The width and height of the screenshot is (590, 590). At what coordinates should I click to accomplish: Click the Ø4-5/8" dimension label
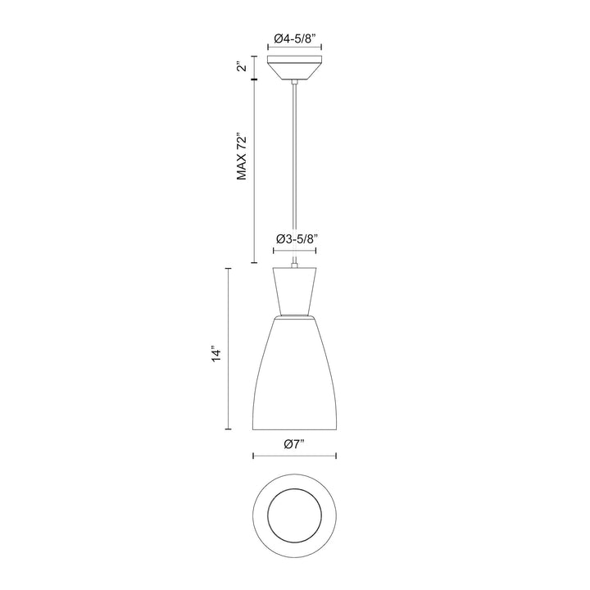[295, 39]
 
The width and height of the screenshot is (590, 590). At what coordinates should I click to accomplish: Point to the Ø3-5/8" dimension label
[295, 239]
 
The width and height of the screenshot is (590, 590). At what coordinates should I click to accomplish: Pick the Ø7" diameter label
[294, 443]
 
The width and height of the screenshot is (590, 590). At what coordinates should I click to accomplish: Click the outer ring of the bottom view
[263, 516]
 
